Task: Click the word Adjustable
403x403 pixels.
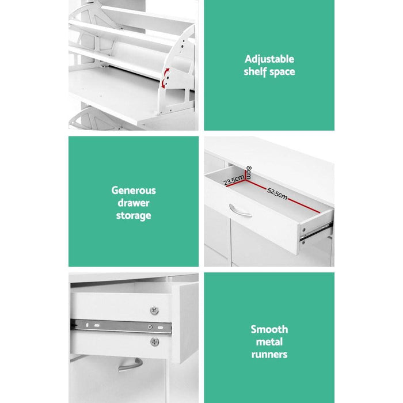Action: (x=269, y=59)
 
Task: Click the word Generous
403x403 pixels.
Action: (x=134, y=190)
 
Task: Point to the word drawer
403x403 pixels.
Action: (x=134, y=203)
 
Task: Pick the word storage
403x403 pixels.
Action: (x=134, y=215)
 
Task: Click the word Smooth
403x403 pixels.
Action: (x=269, y=329)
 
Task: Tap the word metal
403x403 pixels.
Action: (x=269, y=341)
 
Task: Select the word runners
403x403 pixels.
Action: (x=269, y=354)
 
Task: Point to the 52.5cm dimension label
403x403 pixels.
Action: (x=277, y=192)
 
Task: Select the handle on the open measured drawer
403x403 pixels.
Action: (x=240, y=211)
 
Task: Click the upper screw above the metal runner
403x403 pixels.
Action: (x=154, y=310)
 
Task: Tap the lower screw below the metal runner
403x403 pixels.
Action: (x=154, y=342)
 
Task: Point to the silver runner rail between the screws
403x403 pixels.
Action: (x=121, y=326)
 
